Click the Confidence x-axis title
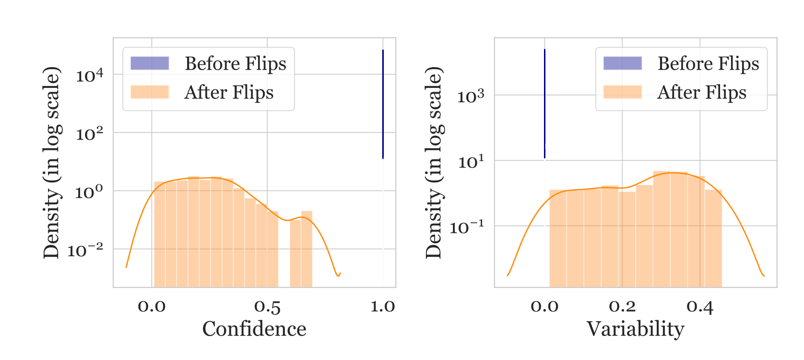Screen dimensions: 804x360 [254, 329]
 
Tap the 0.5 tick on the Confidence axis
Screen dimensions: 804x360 [267, 307]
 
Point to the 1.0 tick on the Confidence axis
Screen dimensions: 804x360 [383, 307]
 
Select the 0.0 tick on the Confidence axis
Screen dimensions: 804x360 [152, 307]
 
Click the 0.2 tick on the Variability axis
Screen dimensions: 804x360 [622, 307]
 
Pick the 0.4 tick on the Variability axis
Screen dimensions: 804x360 [700, 307]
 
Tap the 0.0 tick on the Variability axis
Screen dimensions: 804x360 [544, 307]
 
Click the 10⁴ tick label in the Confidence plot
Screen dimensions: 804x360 [89, 75]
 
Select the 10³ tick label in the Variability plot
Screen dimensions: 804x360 [471, 96]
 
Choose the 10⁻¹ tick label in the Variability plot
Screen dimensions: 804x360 [467, 227]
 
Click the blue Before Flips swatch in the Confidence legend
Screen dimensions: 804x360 [150, 63]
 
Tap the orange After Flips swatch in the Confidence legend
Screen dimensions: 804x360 [150, 92]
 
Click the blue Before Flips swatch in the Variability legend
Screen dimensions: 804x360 [622, 63]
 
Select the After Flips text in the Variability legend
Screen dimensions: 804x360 [702, 92]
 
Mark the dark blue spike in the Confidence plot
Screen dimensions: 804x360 [383, 104]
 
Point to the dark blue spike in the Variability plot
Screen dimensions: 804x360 [544, 104]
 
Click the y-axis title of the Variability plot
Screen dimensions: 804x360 [434, 162]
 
